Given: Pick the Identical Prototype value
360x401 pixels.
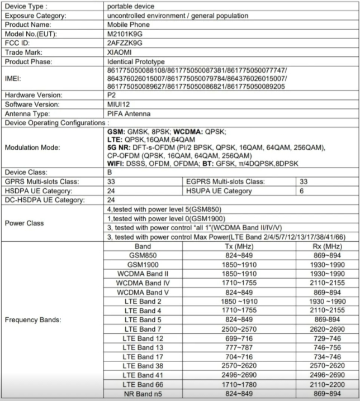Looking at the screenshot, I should pyautogui.click(x=135, y=61).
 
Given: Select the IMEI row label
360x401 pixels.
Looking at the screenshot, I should pyautogui.click(x=13, y=78).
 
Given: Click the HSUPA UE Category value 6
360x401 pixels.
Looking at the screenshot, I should pyautogui.click(x=301, y=190).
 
